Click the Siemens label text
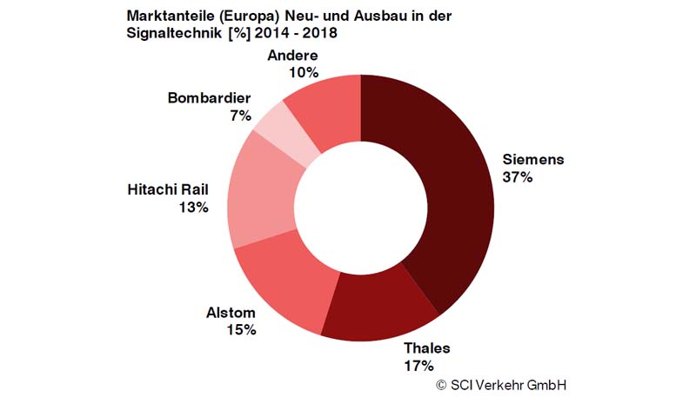(533, 160)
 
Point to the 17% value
(418, 365)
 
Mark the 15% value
(241, 330)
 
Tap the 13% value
(194, 207)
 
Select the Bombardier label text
(210, 97)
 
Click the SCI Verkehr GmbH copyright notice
(505, 384)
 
